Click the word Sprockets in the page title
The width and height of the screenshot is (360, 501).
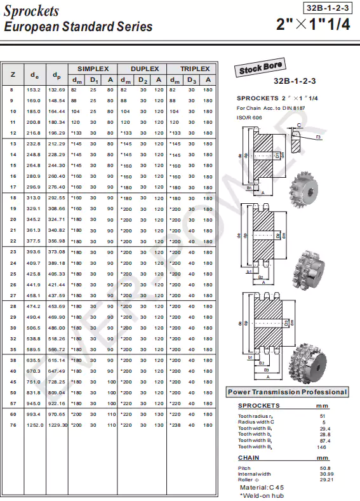point(31,11)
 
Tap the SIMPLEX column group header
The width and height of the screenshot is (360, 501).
point(93,69)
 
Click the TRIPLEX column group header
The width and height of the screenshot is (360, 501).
point(194,69)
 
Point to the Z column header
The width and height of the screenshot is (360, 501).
point(13,75)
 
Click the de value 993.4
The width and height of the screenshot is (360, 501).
point(33,414)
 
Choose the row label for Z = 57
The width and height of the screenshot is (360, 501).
point(12,403)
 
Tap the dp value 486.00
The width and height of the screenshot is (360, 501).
point(57,328)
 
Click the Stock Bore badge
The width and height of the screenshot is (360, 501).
point(261,69)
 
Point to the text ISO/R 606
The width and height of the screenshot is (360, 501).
point(250,117)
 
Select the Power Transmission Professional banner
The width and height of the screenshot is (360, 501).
point(288,392)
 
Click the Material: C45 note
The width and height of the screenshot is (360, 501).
point(262,487)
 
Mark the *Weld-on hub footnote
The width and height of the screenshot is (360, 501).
point(262,495)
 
